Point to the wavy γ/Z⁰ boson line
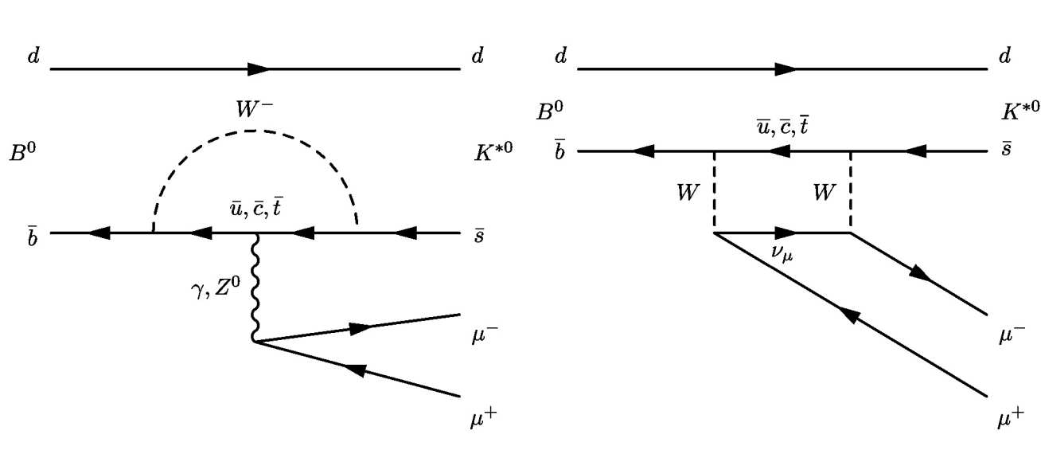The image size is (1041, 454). [x=255, y=287]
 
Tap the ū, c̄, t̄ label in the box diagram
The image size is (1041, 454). [x=782, y=124]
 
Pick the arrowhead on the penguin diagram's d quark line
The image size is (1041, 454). [x=258, y=69]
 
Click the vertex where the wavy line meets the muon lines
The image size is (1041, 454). [x=255, y=342]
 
